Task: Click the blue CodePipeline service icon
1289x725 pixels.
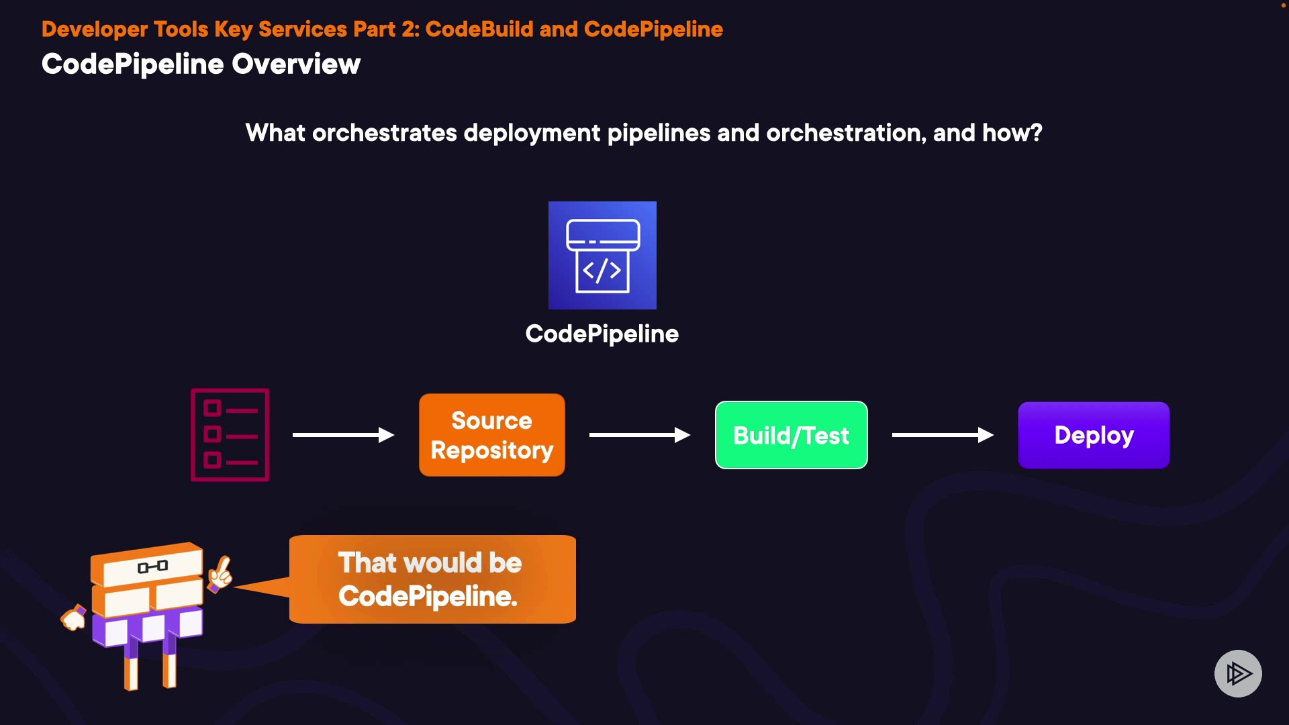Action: coord(602,255)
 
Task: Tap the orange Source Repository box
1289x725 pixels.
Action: coord(491,435)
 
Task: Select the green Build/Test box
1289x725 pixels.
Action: coord(791,435)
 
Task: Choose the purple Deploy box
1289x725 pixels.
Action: coord(1094,435)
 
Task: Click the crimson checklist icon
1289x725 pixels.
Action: coord(230,435)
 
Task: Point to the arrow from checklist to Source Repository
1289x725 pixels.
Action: coord(343,435)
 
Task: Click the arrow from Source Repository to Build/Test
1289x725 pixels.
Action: coord(639,435)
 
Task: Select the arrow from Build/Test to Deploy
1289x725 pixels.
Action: coord(942,435)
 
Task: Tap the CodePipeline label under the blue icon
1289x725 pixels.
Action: coord(602,334)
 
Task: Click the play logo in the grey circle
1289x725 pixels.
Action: coord(1238,673)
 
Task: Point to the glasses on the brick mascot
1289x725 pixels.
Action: coord(152,567)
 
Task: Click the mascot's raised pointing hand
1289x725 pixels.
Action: coord(220,573)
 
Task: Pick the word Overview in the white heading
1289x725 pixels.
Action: coord(296,64)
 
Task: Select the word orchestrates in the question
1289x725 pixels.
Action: coord(385,133)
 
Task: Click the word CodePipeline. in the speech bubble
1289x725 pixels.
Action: coord(428,596)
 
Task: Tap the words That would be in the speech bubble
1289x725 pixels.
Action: coord(430,563)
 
